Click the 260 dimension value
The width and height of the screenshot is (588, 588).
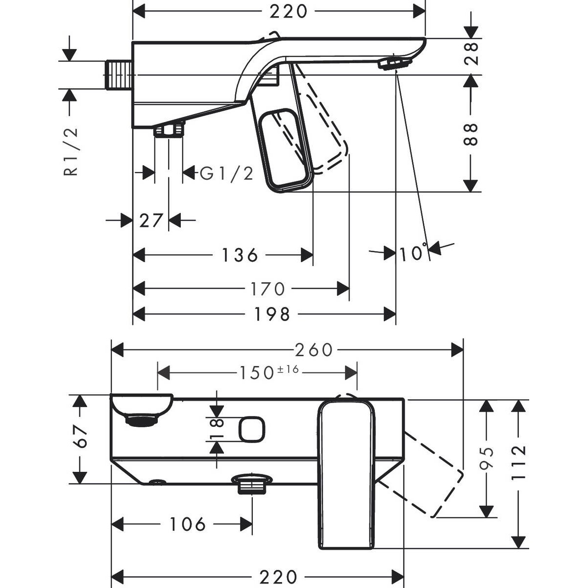pos(314,350)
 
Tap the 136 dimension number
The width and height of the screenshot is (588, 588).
pos(240,255)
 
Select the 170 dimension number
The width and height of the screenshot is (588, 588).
pos(266,289)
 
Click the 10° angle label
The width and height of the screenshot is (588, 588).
pos(412,253)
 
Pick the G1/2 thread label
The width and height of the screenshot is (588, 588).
pos(227,173)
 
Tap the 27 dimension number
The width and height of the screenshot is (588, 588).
pos(150,221)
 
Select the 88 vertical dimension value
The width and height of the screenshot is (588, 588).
pos(471,135)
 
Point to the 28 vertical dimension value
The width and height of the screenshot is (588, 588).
pos(471,54)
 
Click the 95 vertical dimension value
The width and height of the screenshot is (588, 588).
pos(487,457)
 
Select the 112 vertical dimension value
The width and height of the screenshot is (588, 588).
pos(518,457)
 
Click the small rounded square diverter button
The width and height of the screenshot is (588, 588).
pos(252,429)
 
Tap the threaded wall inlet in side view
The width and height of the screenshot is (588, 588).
pos(118,74)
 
